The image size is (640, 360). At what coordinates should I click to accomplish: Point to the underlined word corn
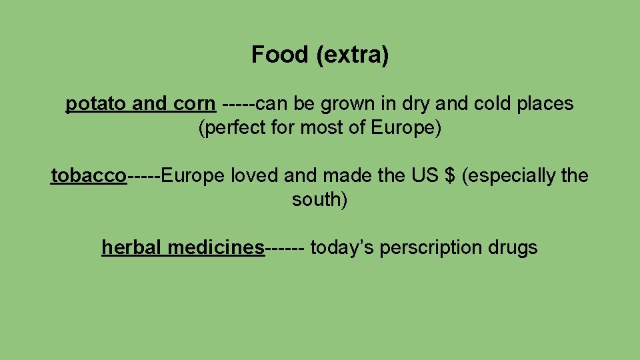point(194,104)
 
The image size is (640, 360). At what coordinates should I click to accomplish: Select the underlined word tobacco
point(89,176)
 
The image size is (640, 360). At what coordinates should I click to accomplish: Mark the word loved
point(255,176)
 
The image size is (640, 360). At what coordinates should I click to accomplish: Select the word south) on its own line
point(320,200)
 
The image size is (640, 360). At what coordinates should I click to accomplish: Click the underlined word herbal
point(132,248)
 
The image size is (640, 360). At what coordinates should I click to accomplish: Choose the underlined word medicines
point(216,248)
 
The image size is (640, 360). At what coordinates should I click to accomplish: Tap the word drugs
point(513,248)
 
